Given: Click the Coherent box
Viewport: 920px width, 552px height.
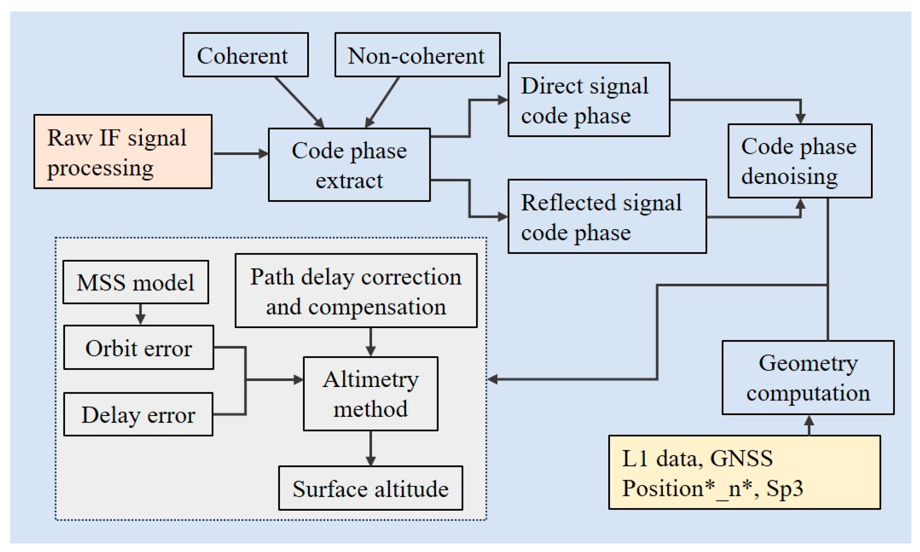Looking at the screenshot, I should (245, 55).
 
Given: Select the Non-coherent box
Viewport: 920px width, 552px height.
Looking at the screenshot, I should (417, 55).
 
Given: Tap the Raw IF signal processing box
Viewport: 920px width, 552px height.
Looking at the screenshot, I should (123, 152).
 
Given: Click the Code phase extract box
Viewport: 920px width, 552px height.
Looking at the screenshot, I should (349, 165).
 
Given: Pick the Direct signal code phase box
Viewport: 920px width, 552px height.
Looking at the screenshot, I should (588, 100).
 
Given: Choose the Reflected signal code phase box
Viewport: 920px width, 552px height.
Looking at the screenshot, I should (607, 217).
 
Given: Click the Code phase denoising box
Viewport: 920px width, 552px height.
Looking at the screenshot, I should (799, 161).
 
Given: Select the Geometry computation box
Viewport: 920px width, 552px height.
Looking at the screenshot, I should (808, 378).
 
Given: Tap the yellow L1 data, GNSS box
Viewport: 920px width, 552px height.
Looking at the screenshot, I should (744, 472).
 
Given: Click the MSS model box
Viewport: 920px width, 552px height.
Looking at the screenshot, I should (136, 282).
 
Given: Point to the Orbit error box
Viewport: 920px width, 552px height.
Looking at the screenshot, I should (138, 348).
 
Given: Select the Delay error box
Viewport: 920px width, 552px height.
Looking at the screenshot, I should (138, 415).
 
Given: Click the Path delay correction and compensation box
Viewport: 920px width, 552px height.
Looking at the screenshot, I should (356, 291).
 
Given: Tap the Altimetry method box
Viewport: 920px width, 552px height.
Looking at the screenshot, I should (370, 394).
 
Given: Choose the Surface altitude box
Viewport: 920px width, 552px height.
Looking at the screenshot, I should (370, 488).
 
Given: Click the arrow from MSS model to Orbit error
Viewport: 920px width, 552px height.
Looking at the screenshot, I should (141, 314).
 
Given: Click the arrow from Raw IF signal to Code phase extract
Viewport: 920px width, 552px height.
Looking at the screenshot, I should (240, 154).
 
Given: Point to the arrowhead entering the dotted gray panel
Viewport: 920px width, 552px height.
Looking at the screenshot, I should (493, 379).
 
